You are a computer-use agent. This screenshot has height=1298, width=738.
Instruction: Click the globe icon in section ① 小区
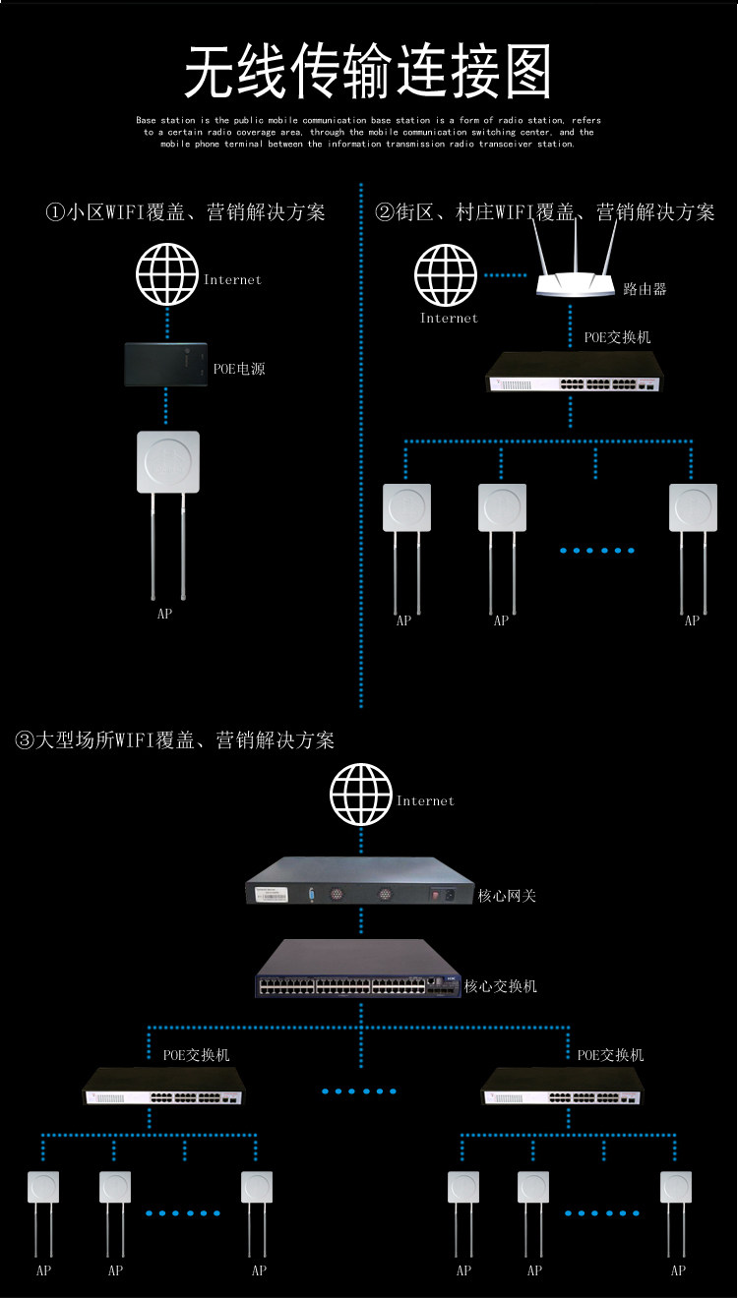(167, 274)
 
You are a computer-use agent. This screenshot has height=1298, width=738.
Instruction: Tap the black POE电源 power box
(165, 365)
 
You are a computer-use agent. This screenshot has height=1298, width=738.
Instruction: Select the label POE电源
(239, 369)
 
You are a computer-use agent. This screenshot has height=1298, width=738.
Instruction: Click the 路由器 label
(645, 289)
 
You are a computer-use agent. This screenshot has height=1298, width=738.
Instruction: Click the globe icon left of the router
(445, 274)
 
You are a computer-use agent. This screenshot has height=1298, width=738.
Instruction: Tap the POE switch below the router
(574, 372)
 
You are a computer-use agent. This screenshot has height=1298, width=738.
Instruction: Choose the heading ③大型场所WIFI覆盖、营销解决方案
(174, 740)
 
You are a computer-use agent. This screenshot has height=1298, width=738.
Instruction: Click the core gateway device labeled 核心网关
(360, 880)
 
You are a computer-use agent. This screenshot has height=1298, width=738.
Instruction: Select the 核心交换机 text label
(500, 986)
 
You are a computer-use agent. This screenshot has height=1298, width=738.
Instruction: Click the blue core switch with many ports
(358, 969)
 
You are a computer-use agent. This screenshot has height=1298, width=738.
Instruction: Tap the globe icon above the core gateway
(360, 795)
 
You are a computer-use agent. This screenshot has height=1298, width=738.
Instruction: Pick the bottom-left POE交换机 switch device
(164, 1088)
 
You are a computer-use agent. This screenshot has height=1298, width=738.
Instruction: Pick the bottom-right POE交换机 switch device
(563, 1088)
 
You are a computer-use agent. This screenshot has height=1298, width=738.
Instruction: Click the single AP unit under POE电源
(168, 515)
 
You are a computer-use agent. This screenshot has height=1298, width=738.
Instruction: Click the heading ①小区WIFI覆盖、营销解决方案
(185, 212)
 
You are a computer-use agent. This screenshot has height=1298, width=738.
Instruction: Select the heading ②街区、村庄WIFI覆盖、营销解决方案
(545, 212)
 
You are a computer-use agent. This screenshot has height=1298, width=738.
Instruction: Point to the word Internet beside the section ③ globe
(425, 800)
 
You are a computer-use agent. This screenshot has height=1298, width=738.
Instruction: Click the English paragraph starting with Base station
(369, 132)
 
